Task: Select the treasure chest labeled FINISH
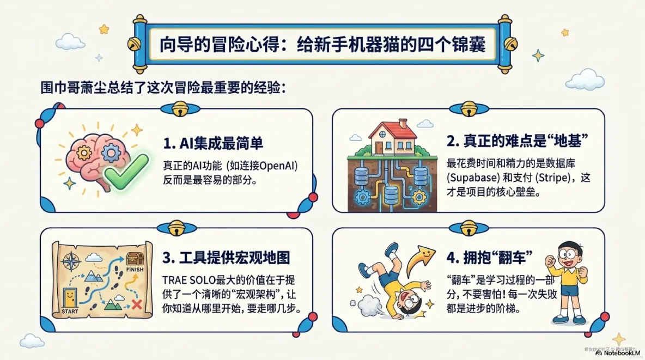(x=134, y=259)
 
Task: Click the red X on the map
(x=137, y=305)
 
